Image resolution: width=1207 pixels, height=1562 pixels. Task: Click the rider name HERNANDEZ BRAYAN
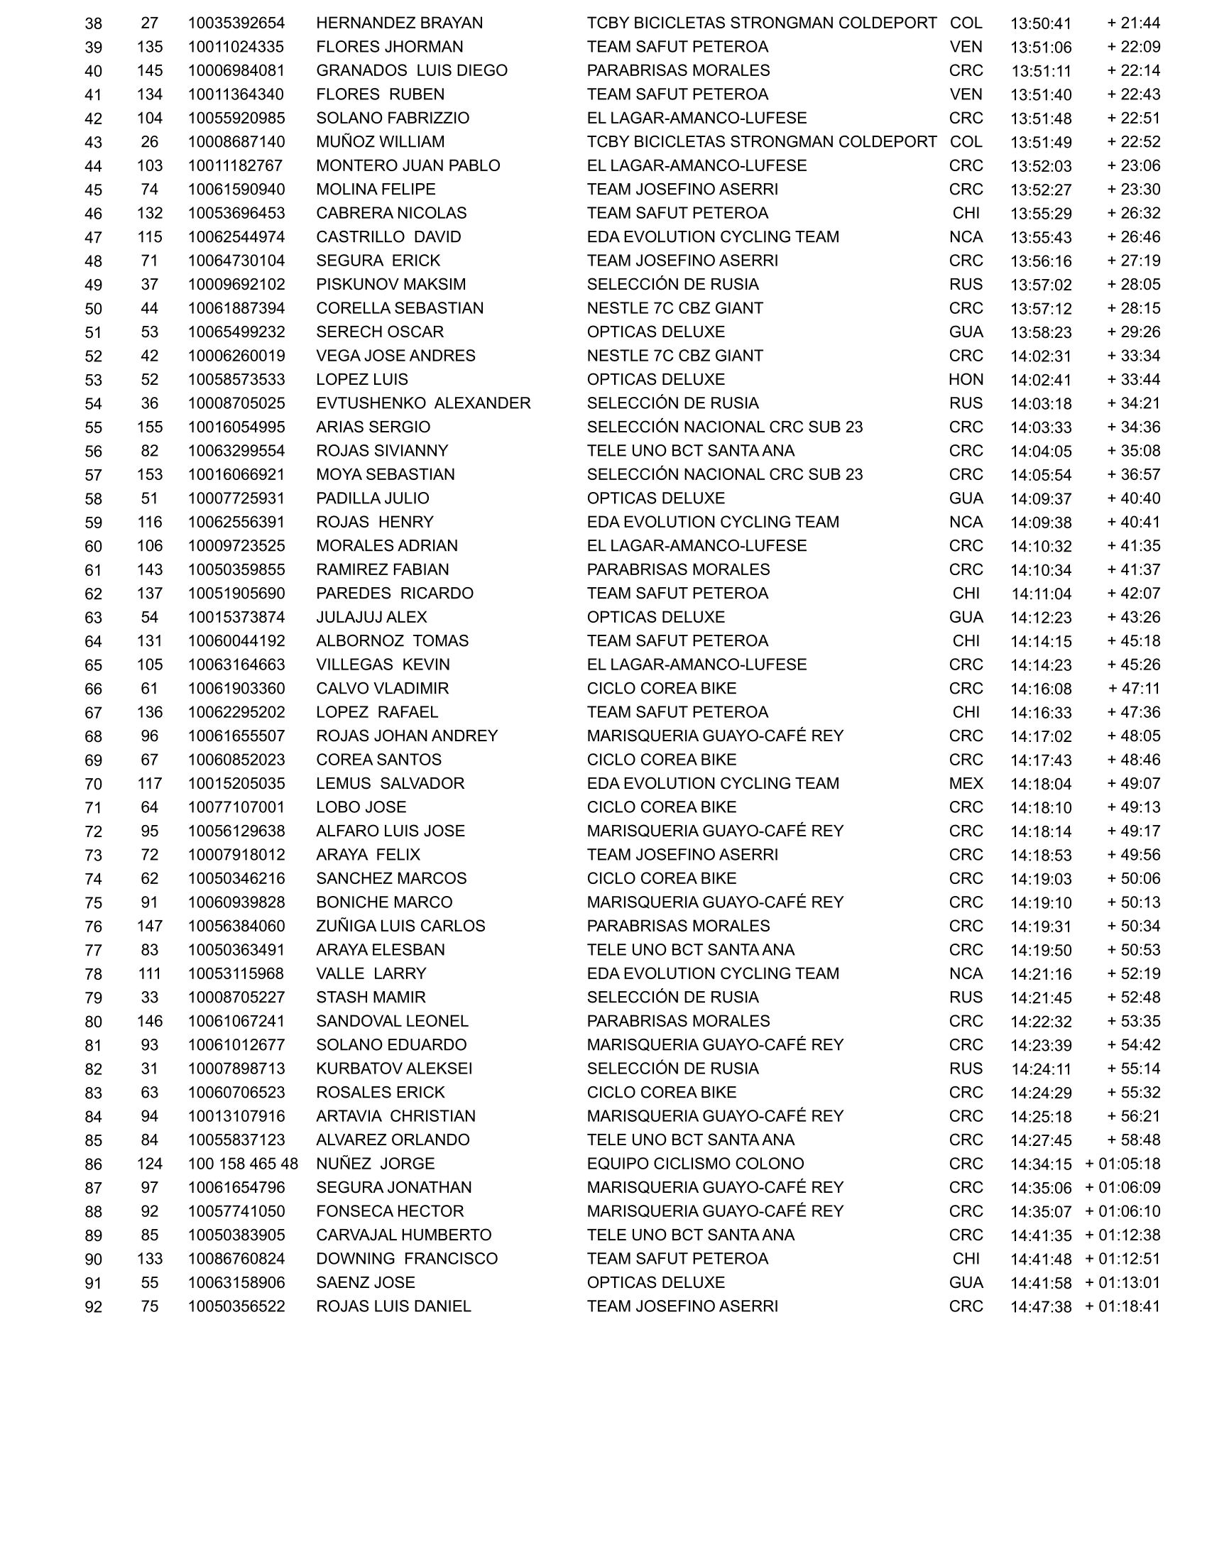pos(399,23)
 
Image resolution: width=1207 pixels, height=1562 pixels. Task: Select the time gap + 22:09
pos(1133,47)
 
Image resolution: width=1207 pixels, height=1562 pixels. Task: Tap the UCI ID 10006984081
pos(236,71)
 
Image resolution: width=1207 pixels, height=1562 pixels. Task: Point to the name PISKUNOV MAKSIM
pos(390,285)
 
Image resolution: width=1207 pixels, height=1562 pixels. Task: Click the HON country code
pos(966,380)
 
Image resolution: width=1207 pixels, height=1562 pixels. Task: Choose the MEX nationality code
pos(966,784)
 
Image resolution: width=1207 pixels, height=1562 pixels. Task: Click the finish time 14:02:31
pos(1040,356)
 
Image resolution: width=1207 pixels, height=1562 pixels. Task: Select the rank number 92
pos(94,1307)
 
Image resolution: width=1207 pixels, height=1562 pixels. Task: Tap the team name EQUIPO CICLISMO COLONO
pos(695,1164)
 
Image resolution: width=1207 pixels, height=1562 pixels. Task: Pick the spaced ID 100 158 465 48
pos(242,1164)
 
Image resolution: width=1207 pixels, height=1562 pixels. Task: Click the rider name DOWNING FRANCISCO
pos(406,1260)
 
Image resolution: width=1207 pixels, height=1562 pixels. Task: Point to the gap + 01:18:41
pos(1122,1307)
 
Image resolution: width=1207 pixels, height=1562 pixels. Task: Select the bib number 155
pos(149,427)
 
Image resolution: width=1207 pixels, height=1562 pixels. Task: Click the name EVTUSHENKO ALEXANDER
pos(423,403)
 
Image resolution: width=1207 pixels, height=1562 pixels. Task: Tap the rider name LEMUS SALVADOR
pos(390,784)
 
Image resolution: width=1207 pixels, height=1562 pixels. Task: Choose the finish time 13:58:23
pos(1040,332)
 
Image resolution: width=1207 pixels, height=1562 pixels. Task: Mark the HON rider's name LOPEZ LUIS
pos(362,380)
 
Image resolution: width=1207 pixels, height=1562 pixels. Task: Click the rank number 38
pos(94,23)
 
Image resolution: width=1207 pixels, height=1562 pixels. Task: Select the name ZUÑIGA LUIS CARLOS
pos(400,926)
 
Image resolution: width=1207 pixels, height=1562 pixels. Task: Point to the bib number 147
pos(149,926)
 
